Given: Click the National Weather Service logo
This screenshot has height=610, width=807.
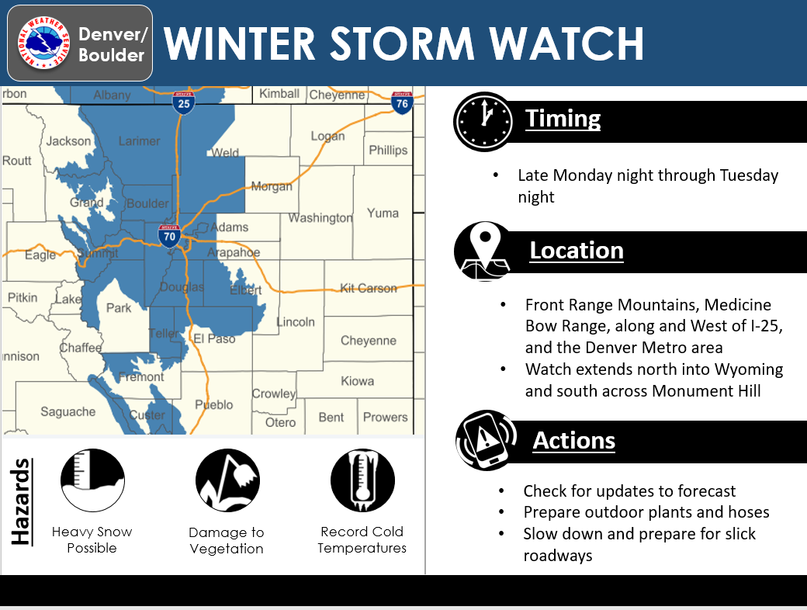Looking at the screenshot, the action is click(x=43, y=43).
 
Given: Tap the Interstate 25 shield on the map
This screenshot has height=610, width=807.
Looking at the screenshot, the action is click(x=183, y=102).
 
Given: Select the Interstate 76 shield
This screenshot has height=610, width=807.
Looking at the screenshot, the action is click(x=402, y=102).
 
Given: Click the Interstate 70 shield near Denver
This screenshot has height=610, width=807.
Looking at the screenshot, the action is click(x=169, y=236).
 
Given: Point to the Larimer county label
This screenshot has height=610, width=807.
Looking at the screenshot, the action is click(x=139, y=141).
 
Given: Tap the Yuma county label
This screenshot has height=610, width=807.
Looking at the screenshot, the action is click(x=383, y=213).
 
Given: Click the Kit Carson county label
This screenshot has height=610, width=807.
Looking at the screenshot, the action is click(x=369, y=288).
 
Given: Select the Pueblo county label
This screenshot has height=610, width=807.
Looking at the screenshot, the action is click(x=213, y=405).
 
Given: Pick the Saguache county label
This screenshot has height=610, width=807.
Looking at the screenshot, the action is click(x=68, y=412).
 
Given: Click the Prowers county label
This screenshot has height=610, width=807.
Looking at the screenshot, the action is click(x=385, y=417).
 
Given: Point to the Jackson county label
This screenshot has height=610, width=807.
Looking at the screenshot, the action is click(x=68, y=141).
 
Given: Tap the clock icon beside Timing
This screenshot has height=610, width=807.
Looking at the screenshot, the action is click(x=483, y=122).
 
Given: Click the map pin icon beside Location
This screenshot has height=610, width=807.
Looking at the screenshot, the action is click(x=483, y=251).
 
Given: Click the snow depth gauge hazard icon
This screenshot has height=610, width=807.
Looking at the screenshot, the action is click(x=92, y=480).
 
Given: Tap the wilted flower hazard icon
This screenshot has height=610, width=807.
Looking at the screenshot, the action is click(x=227, y=480).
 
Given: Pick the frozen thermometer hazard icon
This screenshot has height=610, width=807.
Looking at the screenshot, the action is click(x=362, y=480).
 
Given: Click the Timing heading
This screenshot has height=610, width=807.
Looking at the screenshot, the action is click(x=563, y=119).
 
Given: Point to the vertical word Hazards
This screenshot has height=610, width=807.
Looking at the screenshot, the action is click(x=21, y=501).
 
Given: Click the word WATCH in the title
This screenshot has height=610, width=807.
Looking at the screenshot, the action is click(x=566, y=43).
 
